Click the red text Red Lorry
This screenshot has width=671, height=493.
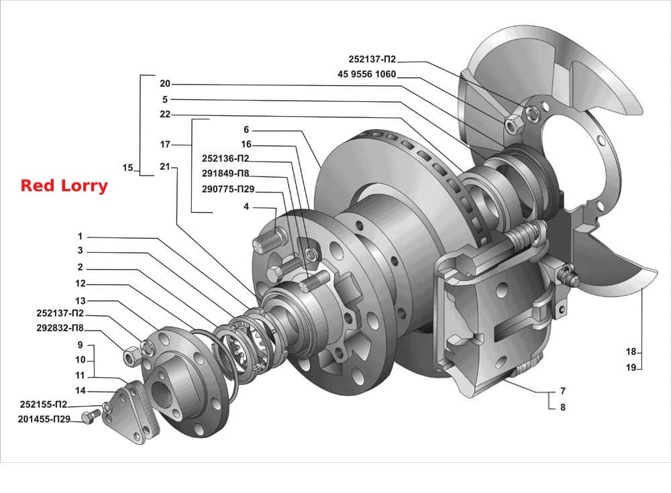click(x=64, y=186)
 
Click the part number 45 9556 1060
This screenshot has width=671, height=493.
click(x=367, y=74)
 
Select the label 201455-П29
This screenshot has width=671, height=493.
click(x=44, y=419)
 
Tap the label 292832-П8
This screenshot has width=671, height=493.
click(x=60, y=328)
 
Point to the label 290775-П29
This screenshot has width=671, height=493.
click(x=228, y=188)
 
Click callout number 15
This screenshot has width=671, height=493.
click(x=128, y=167)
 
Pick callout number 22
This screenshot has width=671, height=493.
click(x=165, y=114)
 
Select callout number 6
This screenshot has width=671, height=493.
click(x=246, y=129)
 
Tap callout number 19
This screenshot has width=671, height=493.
click(x=631, y=367)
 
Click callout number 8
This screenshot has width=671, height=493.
click(x=563, y=407)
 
